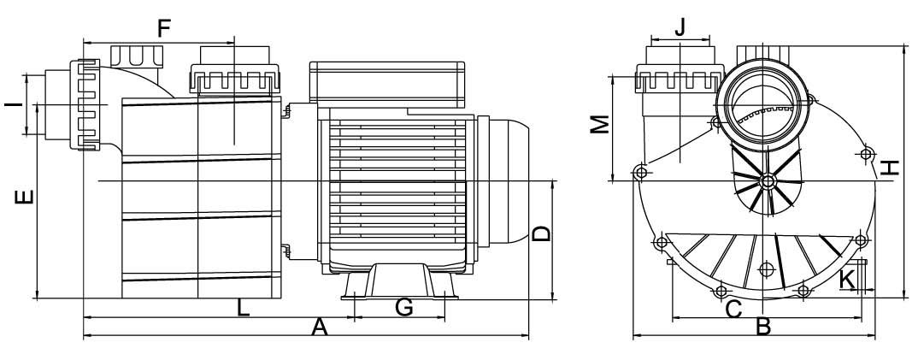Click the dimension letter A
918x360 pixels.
pyautogui.click(x=319, y=328)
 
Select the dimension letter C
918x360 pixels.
pyautogui.click(x=733, y=308)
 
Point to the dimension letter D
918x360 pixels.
pyautogui.click(x=542, y=234)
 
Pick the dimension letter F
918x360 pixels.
pyautogui.click(x=164, y=28)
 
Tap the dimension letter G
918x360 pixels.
pyautogui.click(x=404, y=307)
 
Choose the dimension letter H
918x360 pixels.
pyautogui.click(x=889, y=168)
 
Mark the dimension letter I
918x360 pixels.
pyautogui.click(x=14, y=105)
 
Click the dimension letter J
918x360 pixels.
pyautogui.click(x=680, y=27)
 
